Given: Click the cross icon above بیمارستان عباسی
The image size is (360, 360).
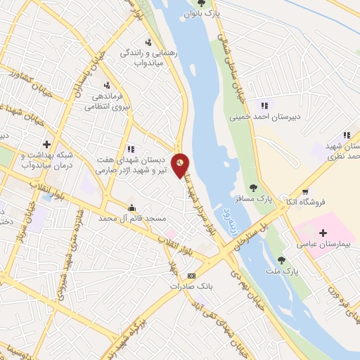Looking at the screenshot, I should (323, 233).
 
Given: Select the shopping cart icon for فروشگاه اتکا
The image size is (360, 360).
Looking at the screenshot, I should (305, 192).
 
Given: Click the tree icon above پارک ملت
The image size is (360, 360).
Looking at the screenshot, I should (282, 259).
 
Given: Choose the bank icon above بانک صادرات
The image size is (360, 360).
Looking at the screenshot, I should (192, 276).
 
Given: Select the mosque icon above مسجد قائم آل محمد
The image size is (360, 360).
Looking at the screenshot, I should (131, 207).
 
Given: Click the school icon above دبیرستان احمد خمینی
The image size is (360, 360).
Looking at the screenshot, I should (264, 105).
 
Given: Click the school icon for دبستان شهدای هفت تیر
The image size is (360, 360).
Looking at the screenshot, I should (131, 149).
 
